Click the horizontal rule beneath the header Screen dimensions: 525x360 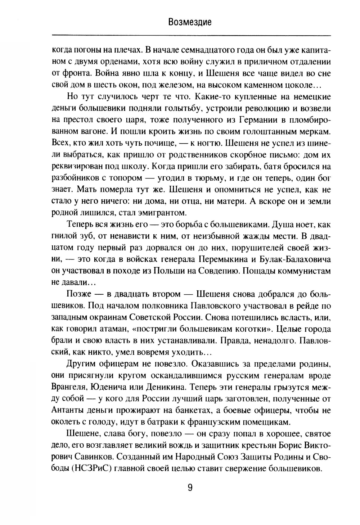[191, 35]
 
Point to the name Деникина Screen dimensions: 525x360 [163, 387]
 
